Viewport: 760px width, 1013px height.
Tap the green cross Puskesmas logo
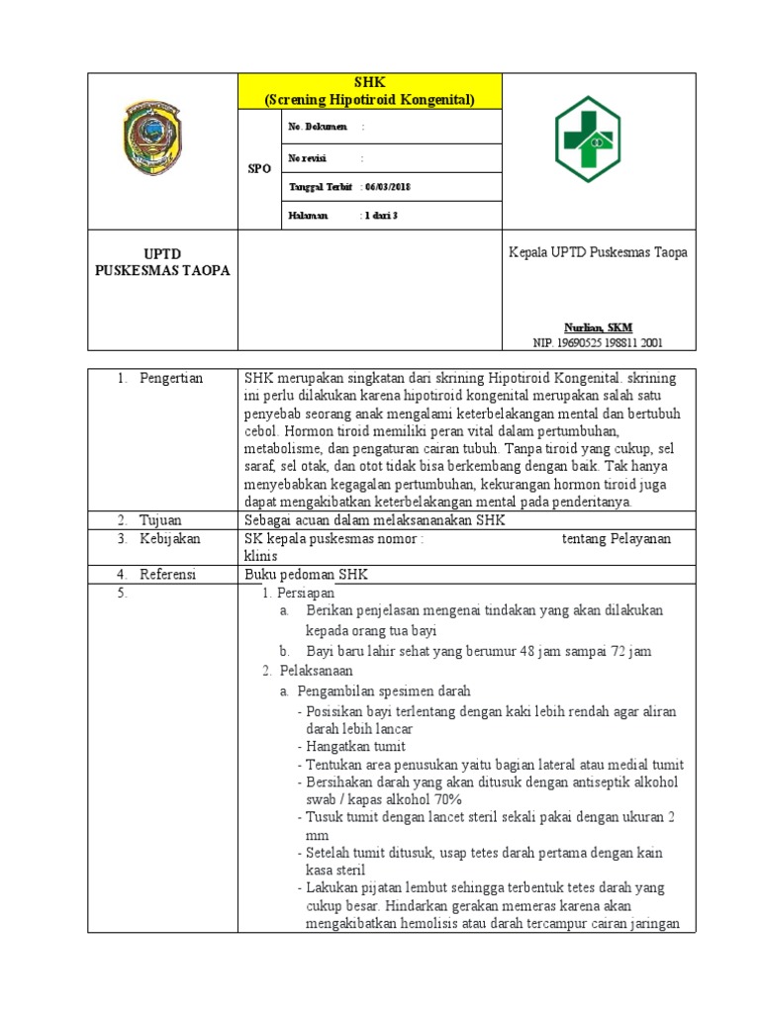click(586, 138)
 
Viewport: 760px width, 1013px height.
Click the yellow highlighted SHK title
click(369, 92)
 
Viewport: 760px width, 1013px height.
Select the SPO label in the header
click(259, 169)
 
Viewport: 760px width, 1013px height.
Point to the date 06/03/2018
click(392, 187)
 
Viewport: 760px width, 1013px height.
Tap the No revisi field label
click(307, 157)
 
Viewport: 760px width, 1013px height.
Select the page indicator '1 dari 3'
click(382, 215)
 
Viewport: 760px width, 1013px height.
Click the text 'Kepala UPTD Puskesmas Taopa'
click(598, 252)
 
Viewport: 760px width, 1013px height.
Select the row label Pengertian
click(170, 379)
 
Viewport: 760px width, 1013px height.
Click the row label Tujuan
click(159, 519)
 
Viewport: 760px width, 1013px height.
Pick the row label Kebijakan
click(169, 538)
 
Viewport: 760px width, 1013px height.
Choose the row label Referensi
click(167, 574)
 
